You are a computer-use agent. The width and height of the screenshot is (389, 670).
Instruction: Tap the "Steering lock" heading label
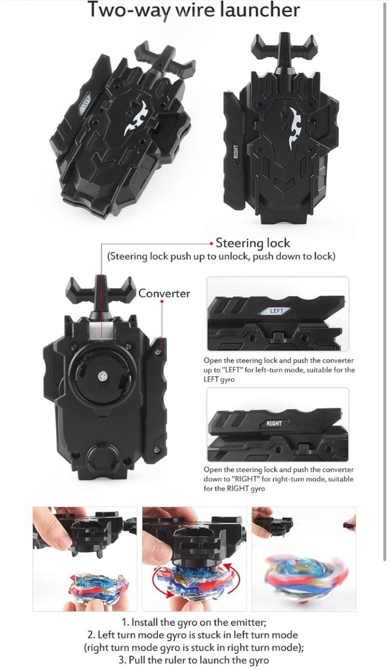click(253, 242)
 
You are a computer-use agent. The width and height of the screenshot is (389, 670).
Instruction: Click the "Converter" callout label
click(164, 294)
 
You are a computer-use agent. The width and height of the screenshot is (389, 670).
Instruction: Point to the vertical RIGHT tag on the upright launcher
click(236, 152)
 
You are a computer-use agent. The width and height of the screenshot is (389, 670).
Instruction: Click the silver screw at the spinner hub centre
click(103, 376)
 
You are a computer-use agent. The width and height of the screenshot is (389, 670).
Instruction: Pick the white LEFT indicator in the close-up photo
click(276, 311)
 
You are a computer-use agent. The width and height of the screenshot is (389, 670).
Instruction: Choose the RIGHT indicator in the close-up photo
click(274, 423)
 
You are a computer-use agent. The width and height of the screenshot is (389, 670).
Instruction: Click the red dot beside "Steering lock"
click(212, 244)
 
